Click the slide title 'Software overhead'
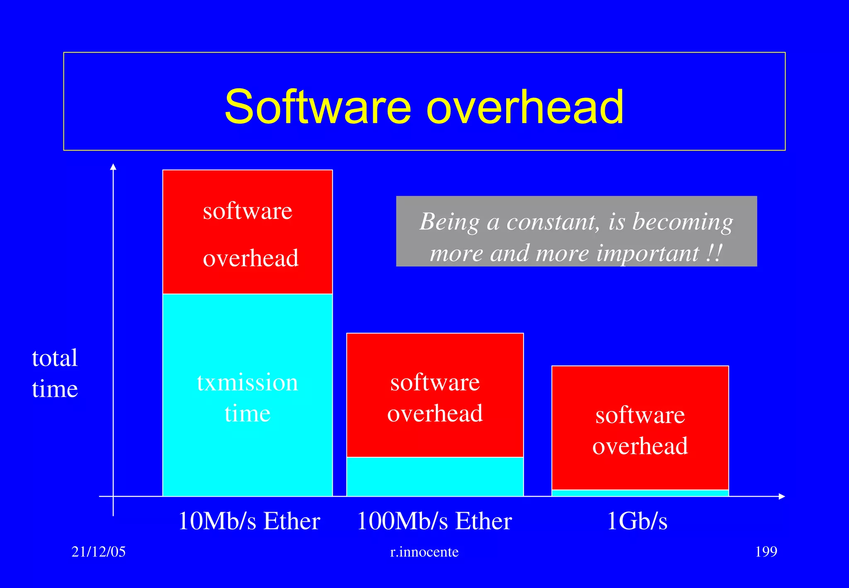(x=424, y=107)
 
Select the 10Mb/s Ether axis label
(x=249, y=521)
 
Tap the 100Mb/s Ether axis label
(x=434, y=521)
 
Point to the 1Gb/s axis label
(x=637, y=521)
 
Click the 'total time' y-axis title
(x=55, y=373)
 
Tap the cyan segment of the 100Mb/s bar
(x=435, y=477)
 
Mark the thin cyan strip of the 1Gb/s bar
(x=640, y=493)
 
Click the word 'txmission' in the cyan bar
(x=247, y=382)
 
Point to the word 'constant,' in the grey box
(x=553, y=222)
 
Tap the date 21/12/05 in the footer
(x=98, y=552)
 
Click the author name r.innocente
(x=424, y=552)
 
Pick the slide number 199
(x=766, y=552)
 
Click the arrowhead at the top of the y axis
(x=113, y=167)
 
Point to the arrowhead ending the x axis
(x=782, y=496)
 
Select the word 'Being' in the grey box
(x=449, y=222)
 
